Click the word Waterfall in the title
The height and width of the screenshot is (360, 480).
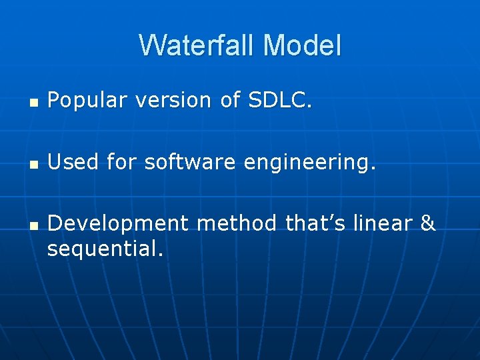[197, 45]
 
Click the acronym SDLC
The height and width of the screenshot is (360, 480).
[279, 100]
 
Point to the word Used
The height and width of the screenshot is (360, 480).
[71, 161]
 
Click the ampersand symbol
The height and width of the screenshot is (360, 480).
[428, 223]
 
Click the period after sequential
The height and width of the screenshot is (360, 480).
[160, 253]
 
